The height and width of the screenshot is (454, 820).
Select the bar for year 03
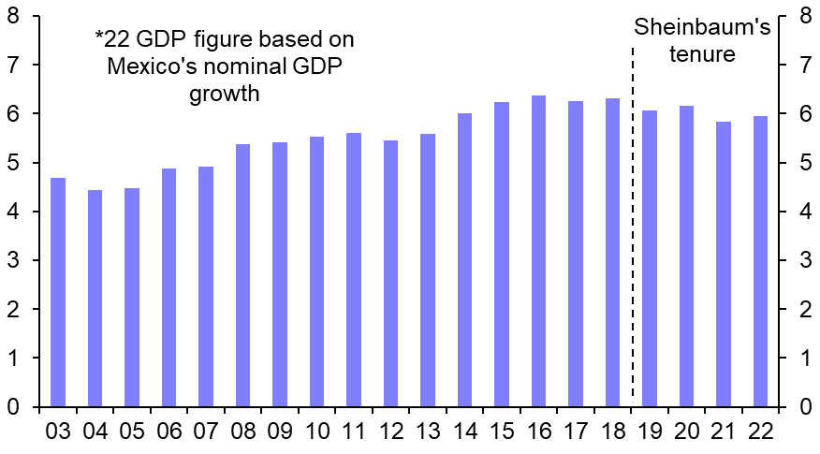click(x=58, y=292)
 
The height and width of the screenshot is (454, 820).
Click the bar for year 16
click(x=539, y=251)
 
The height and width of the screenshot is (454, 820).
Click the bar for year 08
click(x=243, y=275)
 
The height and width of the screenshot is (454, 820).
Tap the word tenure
click(x=702, y=54)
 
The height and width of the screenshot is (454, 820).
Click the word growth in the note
click(x=224, y=95)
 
